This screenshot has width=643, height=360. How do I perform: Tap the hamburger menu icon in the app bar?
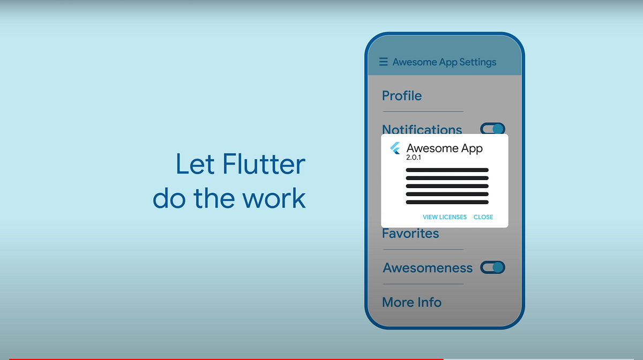tap(383, 62)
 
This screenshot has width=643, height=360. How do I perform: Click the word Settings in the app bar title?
tap(478, 62)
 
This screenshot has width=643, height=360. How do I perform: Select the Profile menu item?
tap(402, 96)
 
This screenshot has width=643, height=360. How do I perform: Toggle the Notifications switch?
tap(492, 129)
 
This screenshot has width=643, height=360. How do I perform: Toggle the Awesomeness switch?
tap(492, 267)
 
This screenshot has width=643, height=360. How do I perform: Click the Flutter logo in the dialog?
tap(395, 148)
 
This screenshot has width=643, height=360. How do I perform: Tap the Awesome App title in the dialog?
tap(444, 148)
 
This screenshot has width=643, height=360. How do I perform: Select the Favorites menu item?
tap(410, 234)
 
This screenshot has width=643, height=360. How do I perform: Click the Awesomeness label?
tap(428, 268)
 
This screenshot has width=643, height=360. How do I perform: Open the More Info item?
tap(412, 302)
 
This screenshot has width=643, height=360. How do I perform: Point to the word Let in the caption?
tap(191, 164)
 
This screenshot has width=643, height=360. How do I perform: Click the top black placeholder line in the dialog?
tap(447, 170)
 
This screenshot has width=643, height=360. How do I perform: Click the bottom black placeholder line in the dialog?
tap(447, 202)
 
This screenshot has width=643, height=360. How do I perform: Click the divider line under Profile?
tap(423, 111)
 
